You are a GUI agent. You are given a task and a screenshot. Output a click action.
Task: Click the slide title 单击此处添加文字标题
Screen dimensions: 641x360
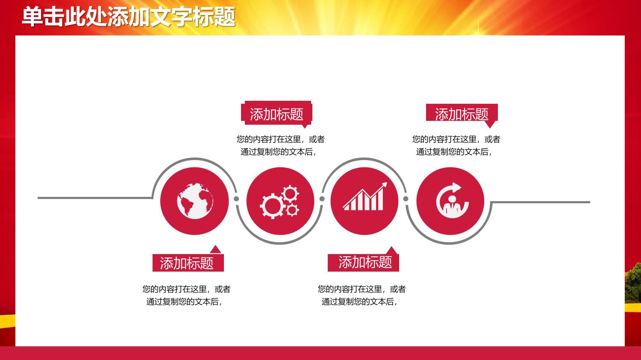129,17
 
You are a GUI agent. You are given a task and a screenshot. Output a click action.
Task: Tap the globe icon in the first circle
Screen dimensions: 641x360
195,201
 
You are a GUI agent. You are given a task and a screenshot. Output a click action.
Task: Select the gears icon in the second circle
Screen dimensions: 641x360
279,202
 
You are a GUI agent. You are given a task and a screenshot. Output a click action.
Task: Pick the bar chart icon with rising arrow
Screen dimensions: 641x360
365,196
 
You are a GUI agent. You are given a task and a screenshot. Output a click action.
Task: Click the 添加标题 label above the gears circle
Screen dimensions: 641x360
276,114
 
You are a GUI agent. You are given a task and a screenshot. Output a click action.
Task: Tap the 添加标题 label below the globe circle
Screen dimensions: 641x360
187,263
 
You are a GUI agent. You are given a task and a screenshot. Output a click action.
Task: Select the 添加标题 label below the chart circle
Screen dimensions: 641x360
365,262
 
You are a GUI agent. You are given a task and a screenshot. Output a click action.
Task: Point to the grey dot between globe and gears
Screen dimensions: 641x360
236,199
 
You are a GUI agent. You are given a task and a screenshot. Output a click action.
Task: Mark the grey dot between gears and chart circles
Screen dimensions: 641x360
322,199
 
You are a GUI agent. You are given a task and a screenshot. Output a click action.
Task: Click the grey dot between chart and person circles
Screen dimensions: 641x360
406,199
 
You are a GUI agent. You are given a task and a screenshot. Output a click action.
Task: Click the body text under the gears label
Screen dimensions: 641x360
280,146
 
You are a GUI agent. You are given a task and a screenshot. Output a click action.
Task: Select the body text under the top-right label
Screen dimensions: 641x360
456,146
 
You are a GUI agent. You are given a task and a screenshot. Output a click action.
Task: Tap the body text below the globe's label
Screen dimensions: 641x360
186,296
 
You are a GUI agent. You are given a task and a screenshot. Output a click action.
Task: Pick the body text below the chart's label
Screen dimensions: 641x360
362,296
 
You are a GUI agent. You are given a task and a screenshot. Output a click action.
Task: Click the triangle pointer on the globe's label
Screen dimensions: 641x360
215,250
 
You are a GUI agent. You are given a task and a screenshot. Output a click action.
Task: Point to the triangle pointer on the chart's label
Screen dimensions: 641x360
391,251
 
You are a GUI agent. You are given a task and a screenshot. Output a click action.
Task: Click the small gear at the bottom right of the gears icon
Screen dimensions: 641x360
292,210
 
